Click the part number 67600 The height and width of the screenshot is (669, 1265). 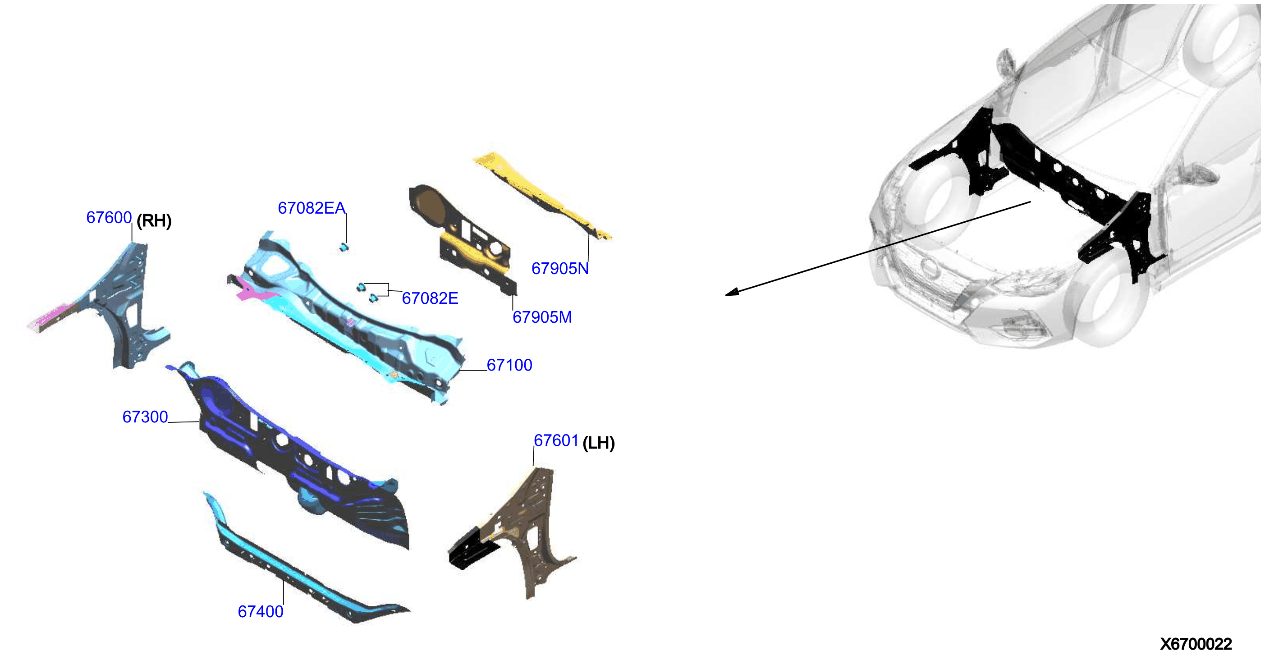pyautogui.click(x=109, y=218)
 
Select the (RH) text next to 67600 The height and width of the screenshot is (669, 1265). pyautogui.click(x=154, y=220)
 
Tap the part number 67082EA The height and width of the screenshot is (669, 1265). pyautogui.click(x=312, y=208)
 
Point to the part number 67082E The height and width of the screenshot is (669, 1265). pyautogui.click(x=430, y=298)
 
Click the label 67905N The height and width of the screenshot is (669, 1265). pyautogui.click(x=560, y=269)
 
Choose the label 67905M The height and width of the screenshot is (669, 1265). pyautogui.click(x=542, y=317)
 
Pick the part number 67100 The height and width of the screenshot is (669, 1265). pyautogui.click(x=509, y=365)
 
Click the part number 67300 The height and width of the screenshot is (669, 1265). pyautogui.click(x=145, y=417)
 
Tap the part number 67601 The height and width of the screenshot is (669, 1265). pyautogui.click(x=556, y=440)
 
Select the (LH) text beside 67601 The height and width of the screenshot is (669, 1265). pyautogui.click(x=599, y=444)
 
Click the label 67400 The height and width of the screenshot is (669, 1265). pyautogui.click(x=261, y=612)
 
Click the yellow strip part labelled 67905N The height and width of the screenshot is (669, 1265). pyautogui.click(x=540, y=194)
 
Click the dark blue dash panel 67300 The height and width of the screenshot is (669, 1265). pyautogui.click(x=295, y=457)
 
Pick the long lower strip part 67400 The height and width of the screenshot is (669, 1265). pyautogui.click(x=299, y=565)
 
